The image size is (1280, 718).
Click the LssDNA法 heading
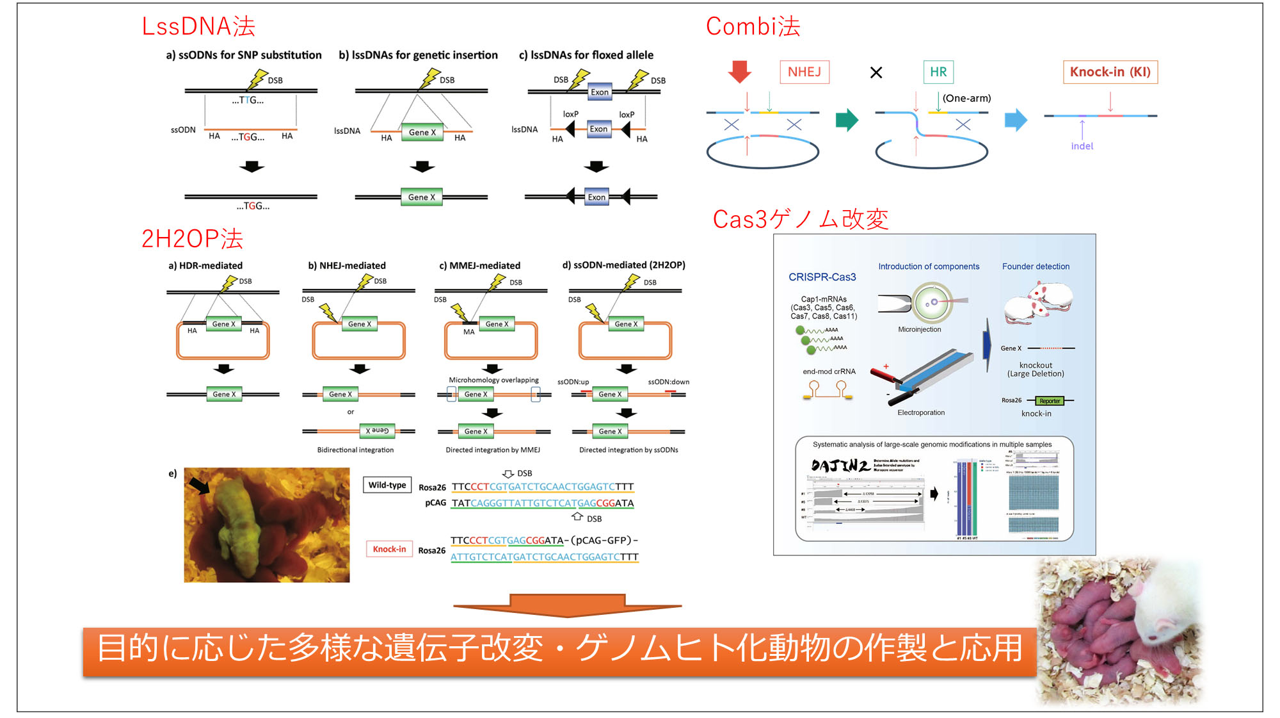coord(198,26)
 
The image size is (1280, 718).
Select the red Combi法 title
coord(753,26)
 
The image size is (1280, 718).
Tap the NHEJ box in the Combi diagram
coord(804,72)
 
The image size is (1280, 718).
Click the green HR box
coord(938,72)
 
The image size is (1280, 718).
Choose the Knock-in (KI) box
coord(1110,72)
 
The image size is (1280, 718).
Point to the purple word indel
coord(1082,146)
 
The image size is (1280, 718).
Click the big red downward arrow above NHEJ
coord(740,71)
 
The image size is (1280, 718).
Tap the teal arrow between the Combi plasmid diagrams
coord(847,120)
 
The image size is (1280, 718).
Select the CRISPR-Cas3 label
coord(822,277)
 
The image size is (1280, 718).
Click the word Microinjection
coord(919,329)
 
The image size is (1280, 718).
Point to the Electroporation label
coord(920,412)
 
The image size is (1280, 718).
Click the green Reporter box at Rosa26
coord(1050,401)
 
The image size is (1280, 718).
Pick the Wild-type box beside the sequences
coord(387,485)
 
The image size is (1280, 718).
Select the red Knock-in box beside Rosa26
coord(389,549)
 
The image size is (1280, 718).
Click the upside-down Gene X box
coord(377,430)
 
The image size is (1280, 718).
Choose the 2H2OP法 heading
coord(192,238)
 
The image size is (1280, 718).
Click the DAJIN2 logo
coord(840,466)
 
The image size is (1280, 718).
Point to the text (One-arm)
coord(966,98)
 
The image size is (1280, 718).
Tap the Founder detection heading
coord(1036,266)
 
